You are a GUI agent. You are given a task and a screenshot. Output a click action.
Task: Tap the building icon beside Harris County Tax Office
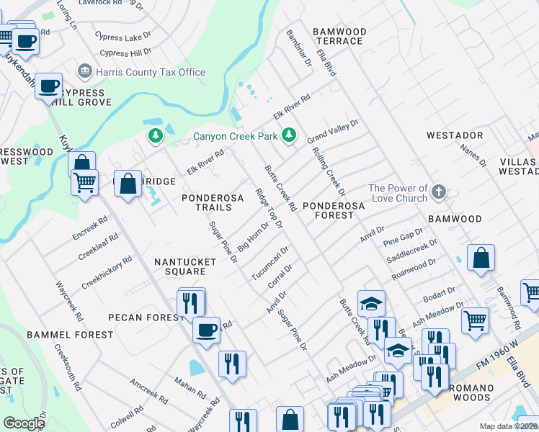tap(85, 72)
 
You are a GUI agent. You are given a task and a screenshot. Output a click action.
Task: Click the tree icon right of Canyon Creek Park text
tap(289, 135)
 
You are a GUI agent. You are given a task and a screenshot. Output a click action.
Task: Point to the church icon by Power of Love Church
tap(440, 193)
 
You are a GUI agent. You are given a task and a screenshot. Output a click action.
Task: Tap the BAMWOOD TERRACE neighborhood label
tap(339, 37)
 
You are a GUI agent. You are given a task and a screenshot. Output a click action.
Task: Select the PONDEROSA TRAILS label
tap(207, 202)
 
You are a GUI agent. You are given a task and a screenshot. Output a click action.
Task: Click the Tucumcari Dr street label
tap(269, 264)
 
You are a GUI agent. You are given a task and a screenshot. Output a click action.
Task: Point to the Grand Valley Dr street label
tap(332, 132)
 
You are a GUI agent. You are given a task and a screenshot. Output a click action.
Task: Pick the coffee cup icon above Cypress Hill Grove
tap(49, 87)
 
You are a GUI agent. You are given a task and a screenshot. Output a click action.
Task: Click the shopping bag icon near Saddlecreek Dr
tap(481, 257)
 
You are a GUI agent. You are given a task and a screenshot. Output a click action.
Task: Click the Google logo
tap(24, 423)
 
